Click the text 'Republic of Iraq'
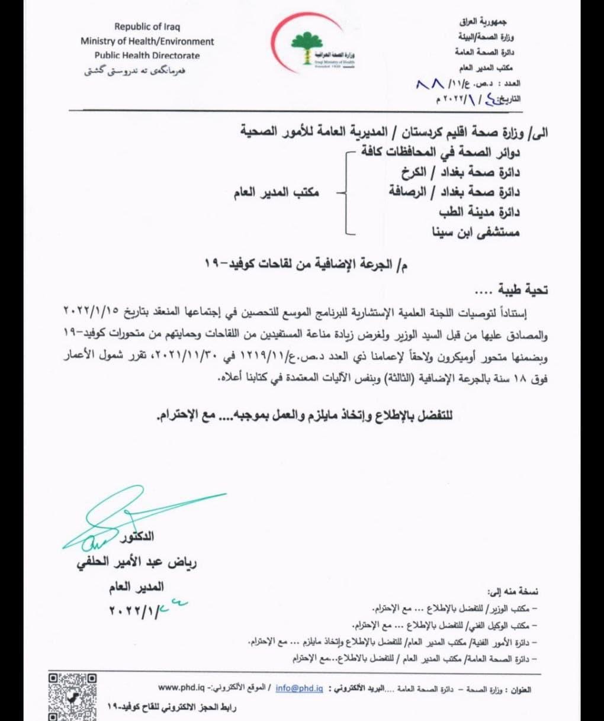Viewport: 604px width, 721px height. (147, 27)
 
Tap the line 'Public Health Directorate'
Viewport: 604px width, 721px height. (147, 56)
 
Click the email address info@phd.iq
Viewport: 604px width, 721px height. (299, 688)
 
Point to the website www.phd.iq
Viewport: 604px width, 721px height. (181, 688)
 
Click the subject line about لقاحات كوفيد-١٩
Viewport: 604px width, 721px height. (304, 265)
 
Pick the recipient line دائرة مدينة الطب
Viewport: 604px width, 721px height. (479, 212)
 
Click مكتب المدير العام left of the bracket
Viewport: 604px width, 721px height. (276, 192)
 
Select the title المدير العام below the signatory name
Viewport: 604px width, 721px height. (136, 588)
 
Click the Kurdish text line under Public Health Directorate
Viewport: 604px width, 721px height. (135, 70)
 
